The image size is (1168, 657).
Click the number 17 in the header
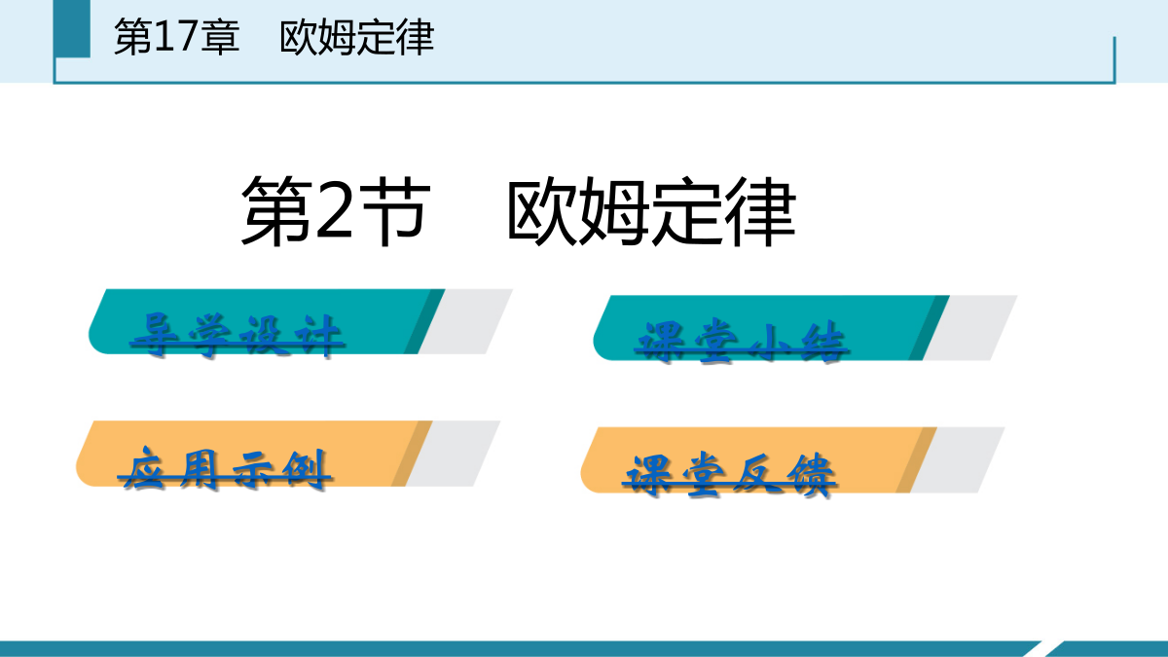pyautogui.click(x=175, y=37)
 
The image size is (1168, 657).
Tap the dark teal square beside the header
pyautogui.click(x=72, y=28)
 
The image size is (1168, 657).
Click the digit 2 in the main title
pyautogui.click(x=334, y=210)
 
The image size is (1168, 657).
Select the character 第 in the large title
pyautogui.click(x=276, y=210)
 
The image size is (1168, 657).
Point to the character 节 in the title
pyautogui.click(x=396, y=210)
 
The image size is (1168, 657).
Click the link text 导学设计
pyautogui.click(x=237, y=336)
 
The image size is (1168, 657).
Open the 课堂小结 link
pyautogui.click(x=742, y=342)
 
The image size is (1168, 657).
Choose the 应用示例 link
pyautogui.click(x=225, y=469)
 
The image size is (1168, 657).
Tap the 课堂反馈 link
pyautogui.click(x=729, y=476)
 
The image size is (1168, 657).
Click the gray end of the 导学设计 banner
pyautogui.click(x=465, y=322)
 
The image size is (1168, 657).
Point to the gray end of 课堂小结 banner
pyautogui.click(x=969, y=328)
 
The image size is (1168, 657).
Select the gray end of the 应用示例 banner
pyautogui.click(x=453, y=454)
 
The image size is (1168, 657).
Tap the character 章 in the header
pyautogui.click(x=220, y=37)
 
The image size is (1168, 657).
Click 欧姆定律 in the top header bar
pyautogui.click(x=356, y=38)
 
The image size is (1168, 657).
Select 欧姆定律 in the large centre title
pyautogui.click(x=651, y=211)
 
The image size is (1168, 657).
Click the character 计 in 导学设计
pyautogui.click(x=318, y=336)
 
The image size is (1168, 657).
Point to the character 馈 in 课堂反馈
pyautogui.click(x=810, y=476)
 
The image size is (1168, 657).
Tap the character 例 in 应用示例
pyautogui.click(x=306, y=469)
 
